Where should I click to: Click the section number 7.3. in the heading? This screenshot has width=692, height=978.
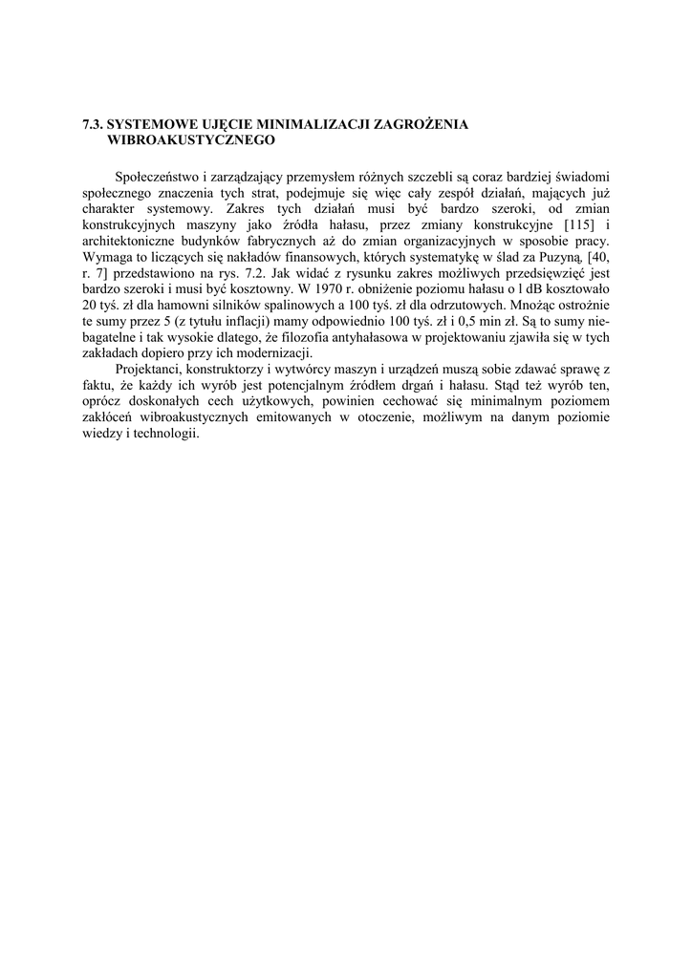[x=92, y=124]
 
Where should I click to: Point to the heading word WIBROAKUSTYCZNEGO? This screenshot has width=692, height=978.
[x=192, y=140]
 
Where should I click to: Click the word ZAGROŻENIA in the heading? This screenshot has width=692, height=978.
[x=426, y=124]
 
